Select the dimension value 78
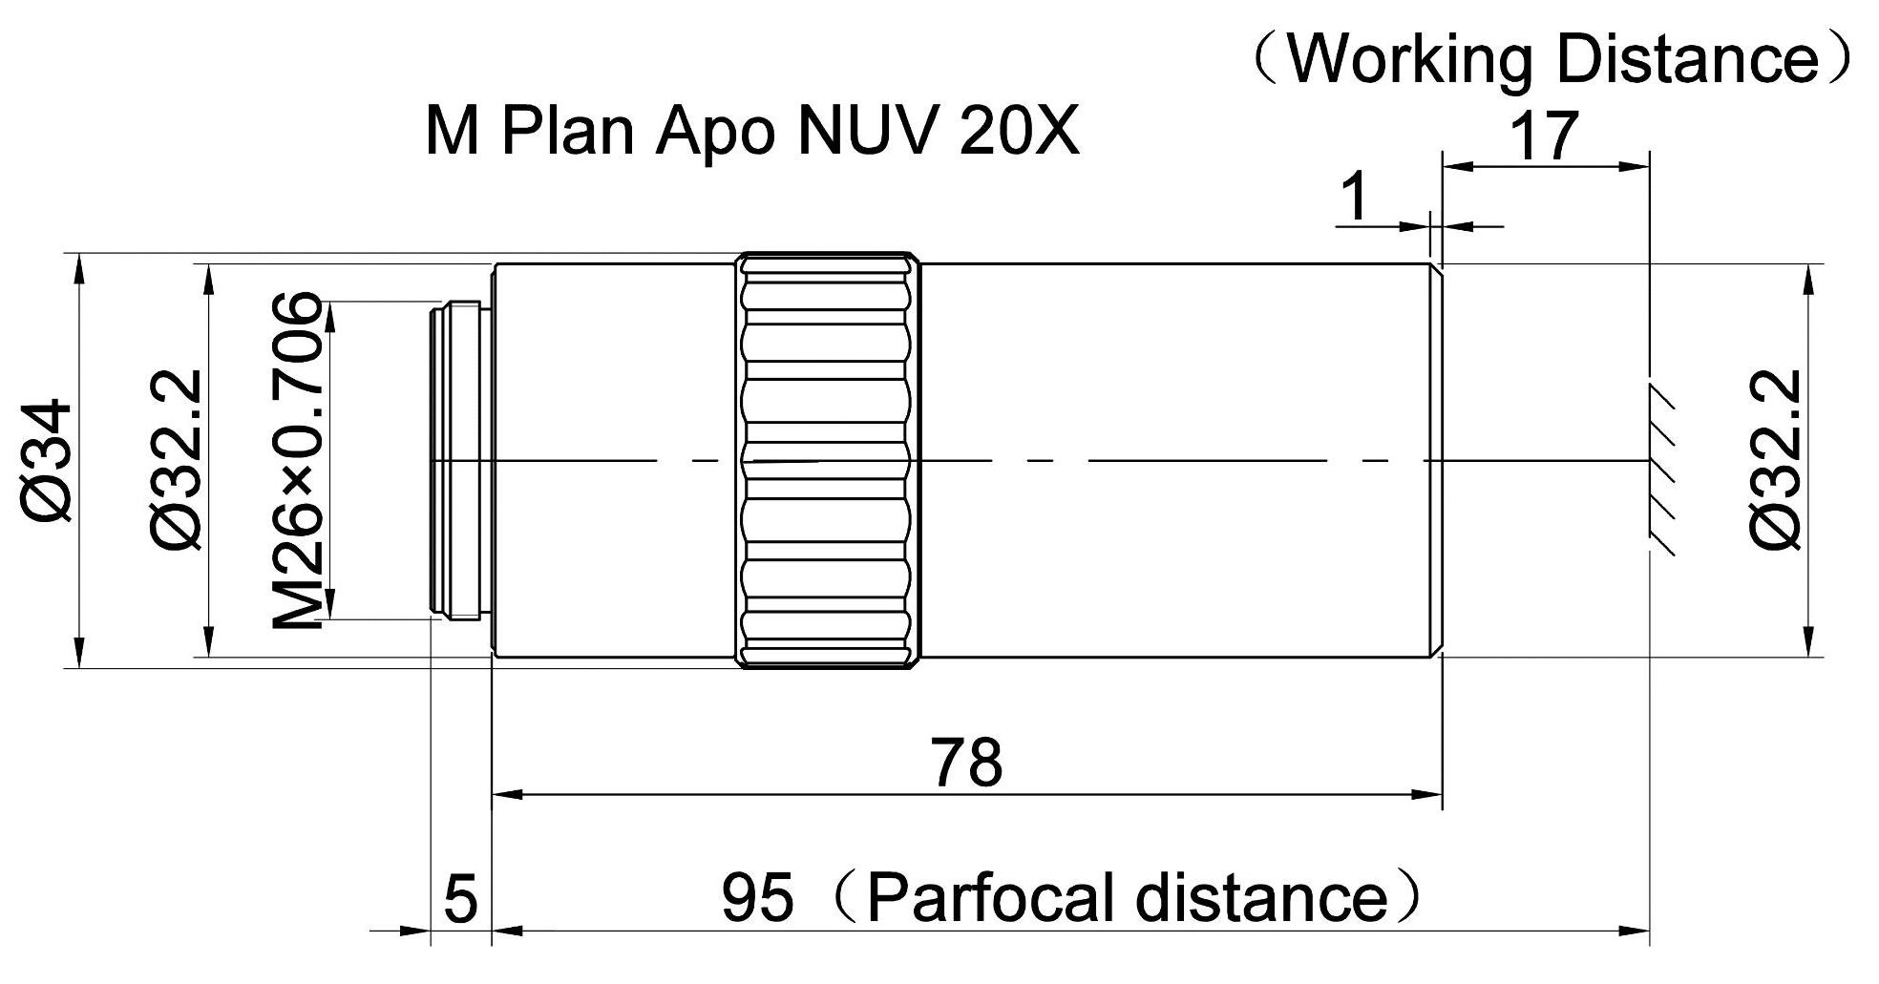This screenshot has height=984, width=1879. coord(967,762)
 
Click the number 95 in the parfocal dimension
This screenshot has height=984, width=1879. coord(756,897)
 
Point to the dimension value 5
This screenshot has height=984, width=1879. coord(460,899)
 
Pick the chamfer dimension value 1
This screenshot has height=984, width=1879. coord(1355,198)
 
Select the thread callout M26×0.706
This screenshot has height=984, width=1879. coord(298,460)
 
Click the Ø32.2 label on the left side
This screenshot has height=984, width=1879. coord(178,460)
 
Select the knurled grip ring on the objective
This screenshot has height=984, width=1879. coord(829,460)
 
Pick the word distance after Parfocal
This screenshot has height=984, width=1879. coord(1260,897)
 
